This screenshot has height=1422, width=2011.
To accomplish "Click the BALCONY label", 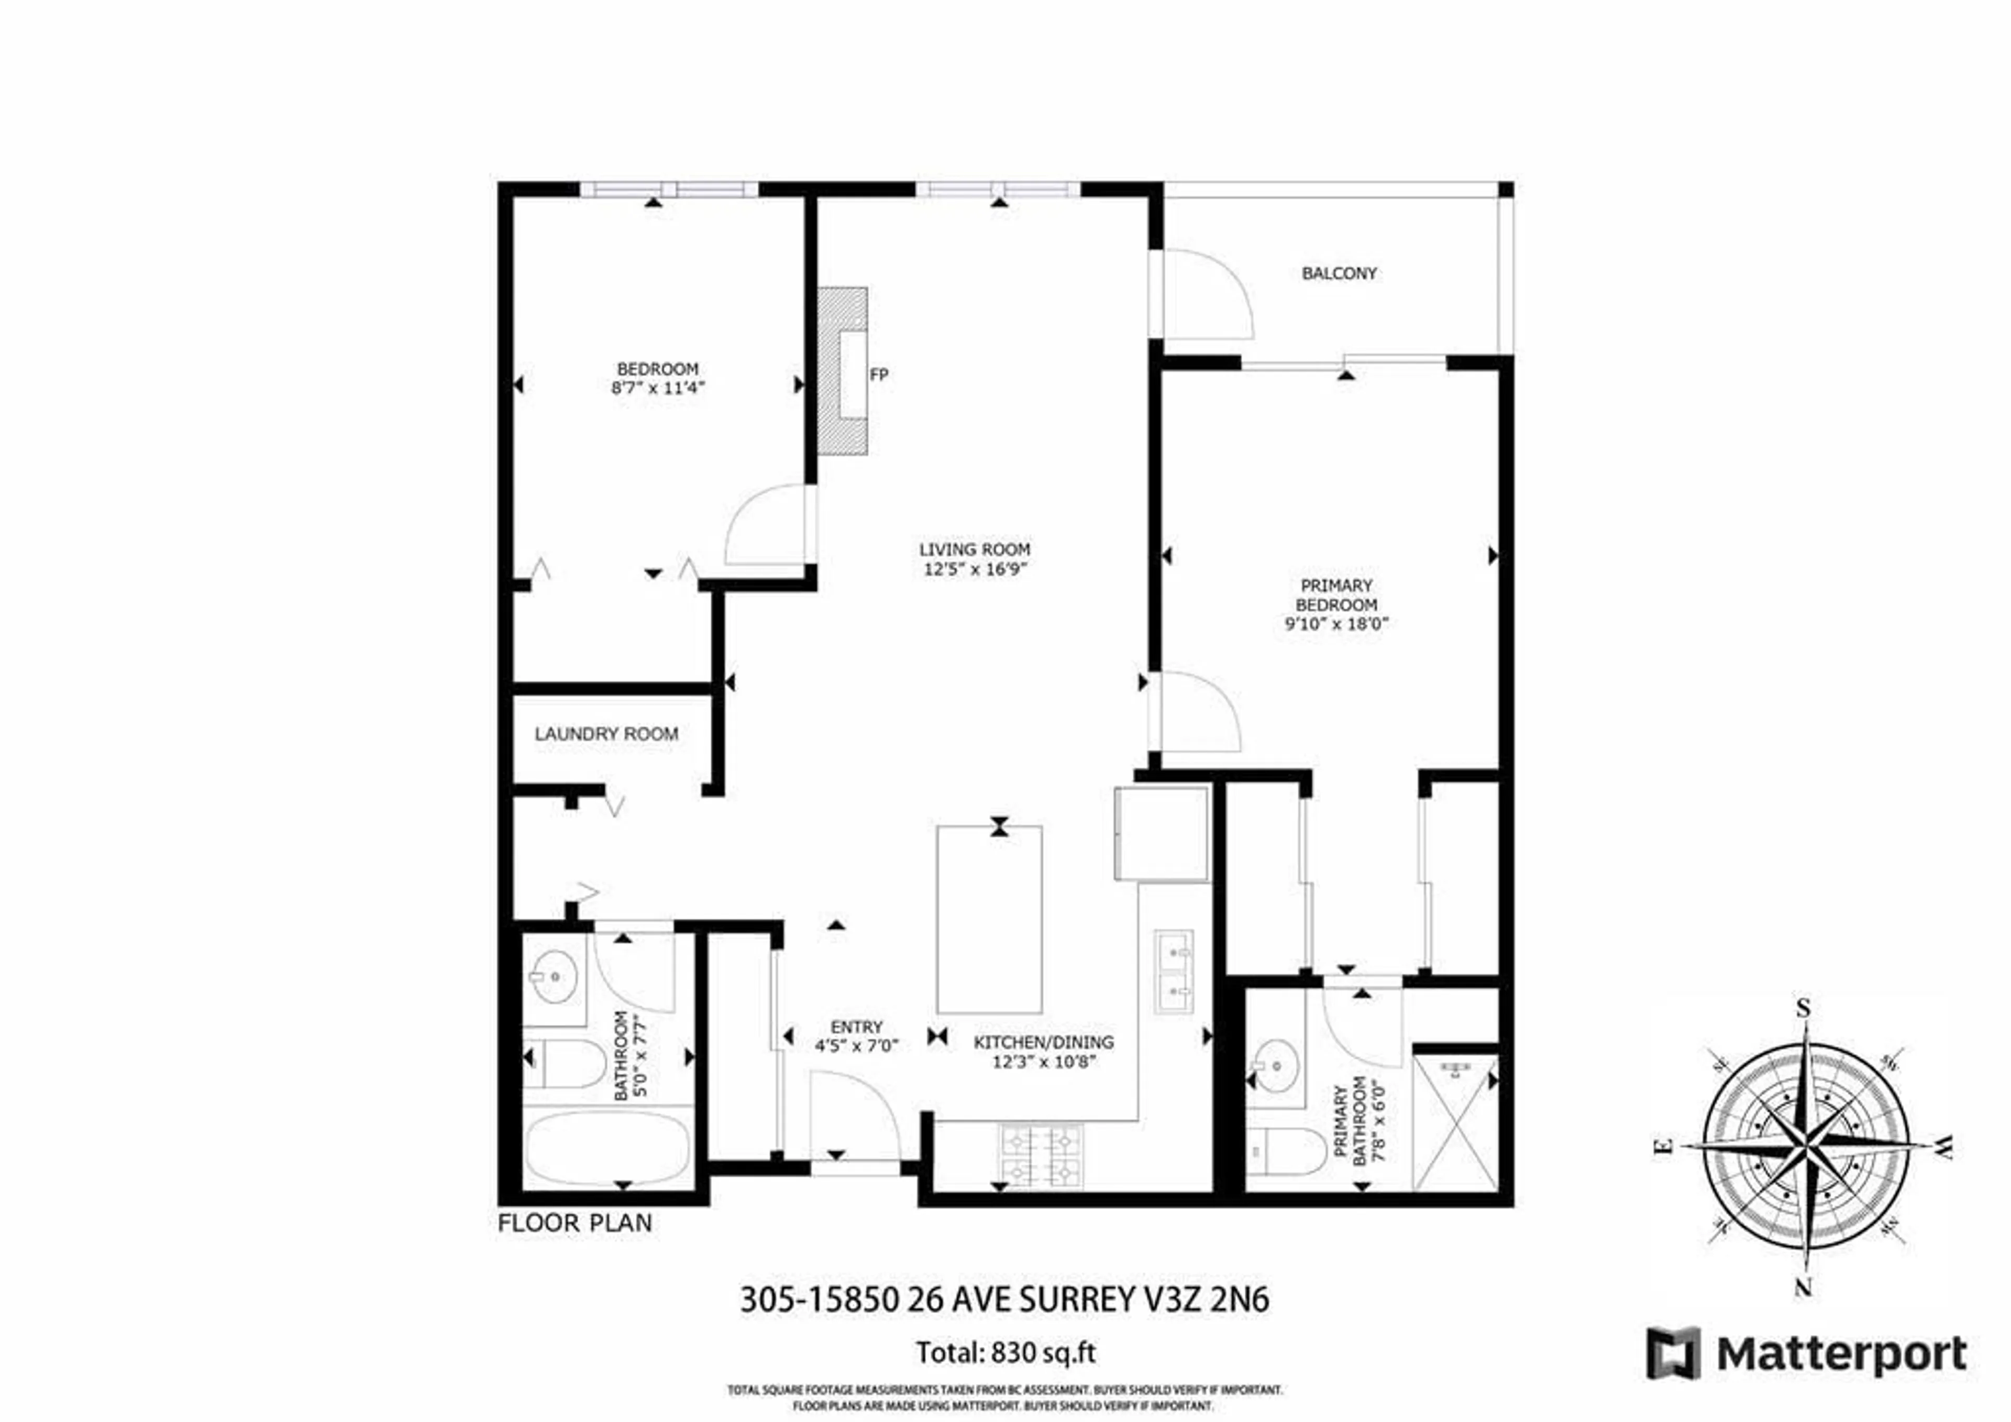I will click(1339, 273).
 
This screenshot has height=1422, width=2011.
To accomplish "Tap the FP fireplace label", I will click(878, 375).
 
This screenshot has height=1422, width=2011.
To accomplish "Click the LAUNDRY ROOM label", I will click(606, 734).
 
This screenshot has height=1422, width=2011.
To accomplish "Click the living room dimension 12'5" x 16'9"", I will click(974, 569).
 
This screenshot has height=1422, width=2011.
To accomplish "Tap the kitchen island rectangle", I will click(989, 919).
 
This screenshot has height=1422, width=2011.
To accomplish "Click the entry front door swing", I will click(854, 1117).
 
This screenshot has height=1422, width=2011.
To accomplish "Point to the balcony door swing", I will click(1205, 293).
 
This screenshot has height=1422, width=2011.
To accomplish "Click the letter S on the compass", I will click(1804, 1008).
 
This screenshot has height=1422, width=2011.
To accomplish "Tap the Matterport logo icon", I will click(1672, 1354).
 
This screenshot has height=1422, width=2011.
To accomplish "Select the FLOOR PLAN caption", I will click(574, 1223).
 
